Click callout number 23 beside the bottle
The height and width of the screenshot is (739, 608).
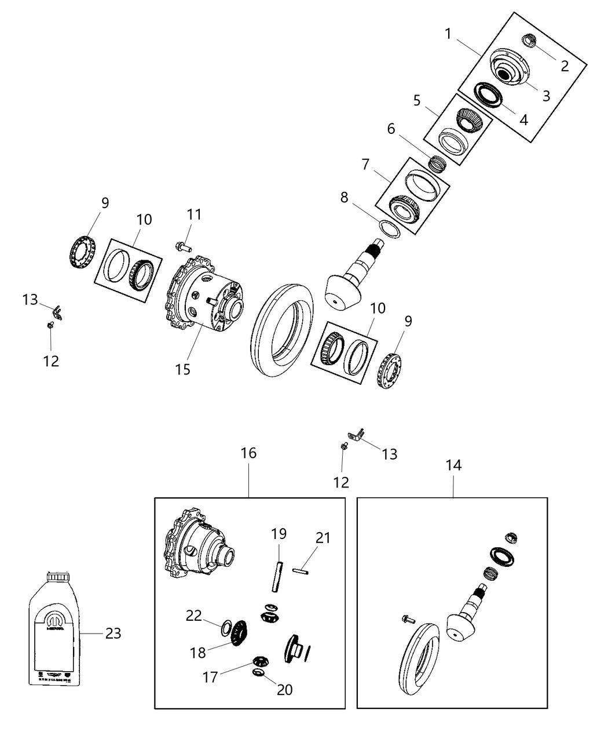pyautogui.click(x=113, y=634)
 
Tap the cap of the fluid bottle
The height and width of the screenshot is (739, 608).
pyautogui.click(x=57, y=577)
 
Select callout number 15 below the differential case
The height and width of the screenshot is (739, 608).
pyautogui.click(x=182, y=369)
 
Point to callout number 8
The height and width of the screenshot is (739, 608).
pyautogui.click(x=344, y=198)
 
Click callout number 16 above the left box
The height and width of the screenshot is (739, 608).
pyautogui.click(x=248, y=453)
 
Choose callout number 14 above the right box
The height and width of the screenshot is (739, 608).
pyautogui.click(x=453, y=465)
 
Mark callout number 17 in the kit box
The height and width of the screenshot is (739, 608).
pyautogui.click(x=211, y=676)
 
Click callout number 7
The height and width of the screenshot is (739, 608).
pyautogui.click(x=365, y=165)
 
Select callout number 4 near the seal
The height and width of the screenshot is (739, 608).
pyautogui.click(x=523, y=120)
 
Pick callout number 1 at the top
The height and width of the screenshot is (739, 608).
pyautogui.click(x=448, y=34)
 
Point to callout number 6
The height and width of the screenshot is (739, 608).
pyautogui.click(x=391, y=128)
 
